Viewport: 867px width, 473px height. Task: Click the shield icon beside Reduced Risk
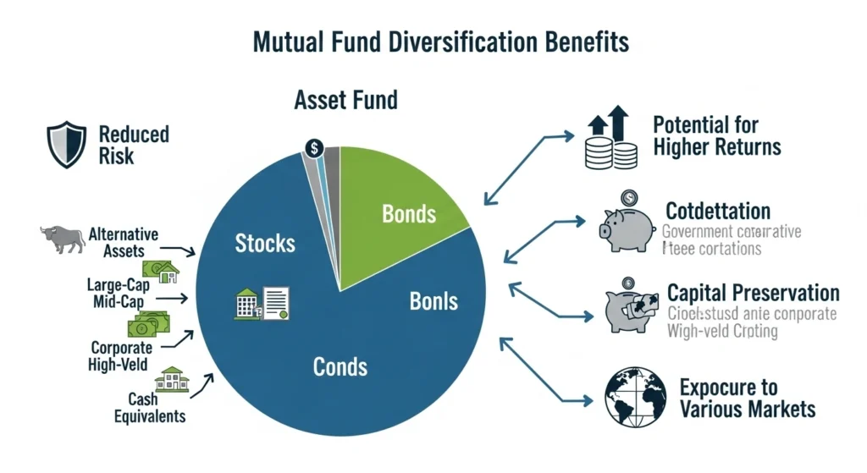(67, 145)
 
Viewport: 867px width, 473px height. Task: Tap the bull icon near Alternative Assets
(63, 238)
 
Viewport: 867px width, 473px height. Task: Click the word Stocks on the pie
(265, 244)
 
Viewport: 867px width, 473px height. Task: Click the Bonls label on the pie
(433, 300)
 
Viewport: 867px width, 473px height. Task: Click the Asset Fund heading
(345, 101)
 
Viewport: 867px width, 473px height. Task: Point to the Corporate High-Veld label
(119, 356)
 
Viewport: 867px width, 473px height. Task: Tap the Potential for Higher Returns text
(716, 136)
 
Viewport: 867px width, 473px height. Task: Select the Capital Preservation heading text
(753, 294)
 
